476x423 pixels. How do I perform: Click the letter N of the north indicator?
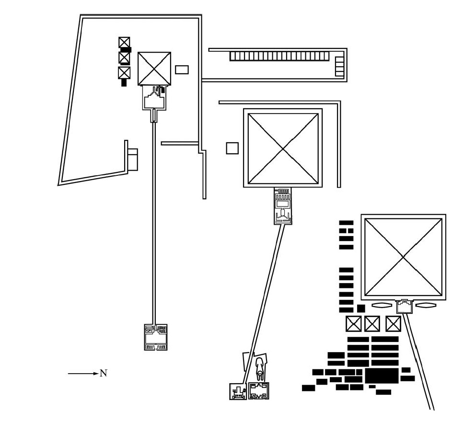(104, 373)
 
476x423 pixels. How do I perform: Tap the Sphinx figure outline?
(259, 369)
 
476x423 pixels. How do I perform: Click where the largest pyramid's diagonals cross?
(403, 257)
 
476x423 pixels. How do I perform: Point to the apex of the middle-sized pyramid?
(283, 149)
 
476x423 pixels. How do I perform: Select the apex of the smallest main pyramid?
(154, 69)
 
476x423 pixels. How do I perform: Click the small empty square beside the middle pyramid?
(232, 148)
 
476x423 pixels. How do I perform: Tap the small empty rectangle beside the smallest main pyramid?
(182, 70)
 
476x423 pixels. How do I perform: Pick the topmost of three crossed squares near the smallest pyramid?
(124, 42)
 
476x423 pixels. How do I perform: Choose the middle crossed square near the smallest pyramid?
(124, 57)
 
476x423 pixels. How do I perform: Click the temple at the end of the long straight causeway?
(156, 337)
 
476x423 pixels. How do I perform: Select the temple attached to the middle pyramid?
(283, 206)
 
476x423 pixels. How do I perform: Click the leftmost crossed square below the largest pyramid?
(354, 324)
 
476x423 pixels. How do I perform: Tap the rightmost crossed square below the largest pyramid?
(393, 324)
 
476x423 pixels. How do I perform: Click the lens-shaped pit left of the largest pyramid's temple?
(382, 305)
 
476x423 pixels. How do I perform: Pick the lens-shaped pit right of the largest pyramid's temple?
(426, 305)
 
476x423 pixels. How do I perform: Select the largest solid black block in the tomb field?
(381, 376)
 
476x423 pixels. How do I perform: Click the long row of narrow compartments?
(279, 56)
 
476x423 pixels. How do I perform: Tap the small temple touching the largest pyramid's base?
(405, 306)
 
